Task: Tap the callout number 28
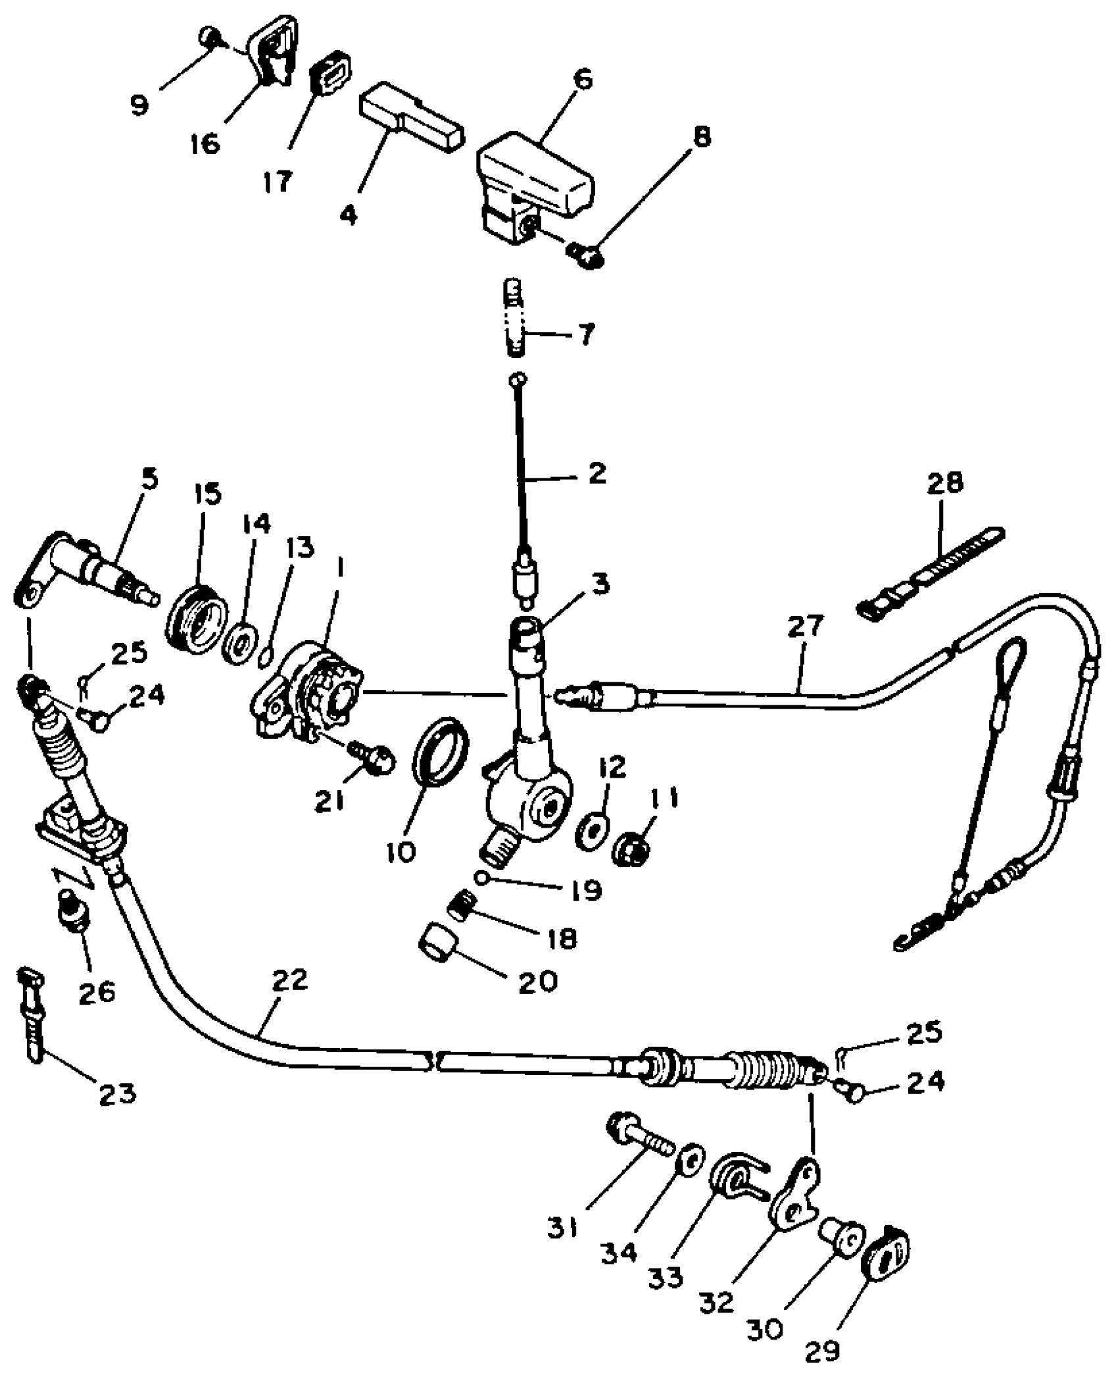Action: pyautogui.click(x=946, y=482)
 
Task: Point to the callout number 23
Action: pyautogui.click(x=118, y=1094)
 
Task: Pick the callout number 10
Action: pyautogui.click(x=402, y=852)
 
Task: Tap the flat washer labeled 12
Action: pyautogui.click(x=591, y=832)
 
